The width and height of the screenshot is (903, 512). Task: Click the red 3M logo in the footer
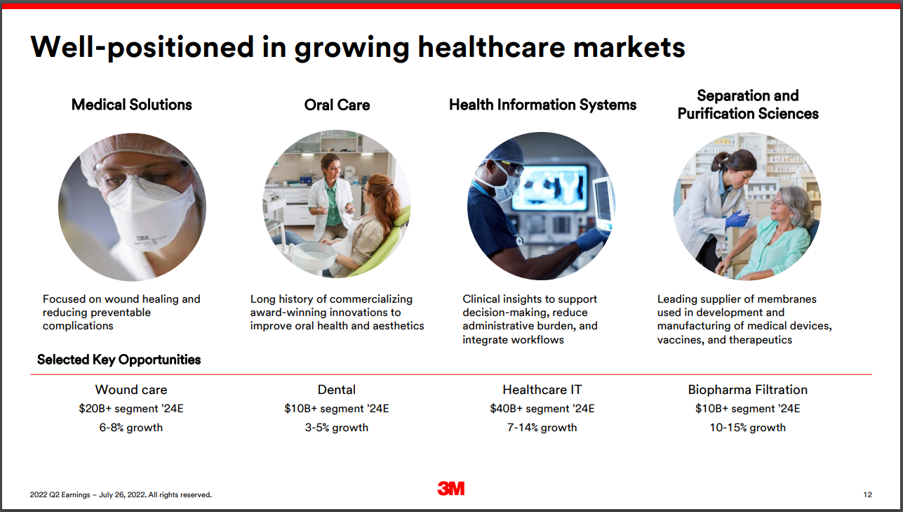click(451, 488)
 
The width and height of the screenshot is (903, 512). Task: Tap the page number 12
click(867, 494)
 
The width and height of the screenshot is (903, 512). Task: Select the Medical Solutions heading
click(131, 105)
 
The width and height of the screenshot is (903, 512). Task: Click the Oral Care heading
click(337, 105)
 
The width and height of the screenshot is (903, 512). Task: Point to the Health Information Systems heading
click(542, 105)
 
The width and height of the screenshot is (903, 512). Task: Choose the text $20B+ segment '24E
click(131, 408)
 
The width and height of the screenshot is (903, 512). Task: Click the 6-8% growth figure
click(131, 427)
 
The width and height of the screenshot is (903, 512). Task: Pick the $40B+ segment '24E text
click(542, 408)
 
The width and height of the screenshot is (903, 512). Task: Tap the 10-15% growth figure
click(748, 427)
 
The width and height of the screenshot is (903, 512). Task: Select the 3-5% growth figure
click(337, 427)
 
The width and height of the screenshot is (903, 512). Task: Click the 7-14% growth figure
click(542, 427)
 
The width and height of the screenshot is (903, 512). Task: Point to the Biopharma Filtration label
click(748, 389)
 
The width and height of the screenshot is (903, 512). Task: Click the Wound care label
click(131, 389)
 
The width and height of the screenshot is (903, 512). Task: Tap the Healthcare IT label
click(542, 389)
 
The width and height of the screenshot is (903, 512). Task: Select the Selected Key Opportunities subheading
click(119, 360)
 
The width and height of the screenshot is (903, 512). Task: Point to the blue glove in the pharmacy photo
click(737, 218)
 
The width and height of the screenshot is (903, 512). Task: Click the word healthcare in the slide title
click(491, 47)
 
